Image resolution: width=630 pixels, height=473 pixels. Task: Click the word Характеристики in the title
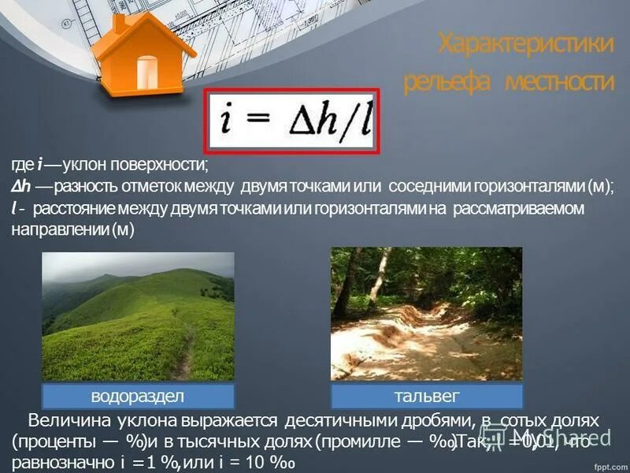click(525, 43)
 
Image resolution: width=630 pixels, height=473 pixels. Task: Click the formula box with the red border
click(292, 120)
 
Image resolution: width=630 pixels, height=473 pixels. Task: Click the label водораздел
click(137, 395)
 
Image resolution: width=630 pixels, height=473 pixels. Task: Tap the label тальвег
click(426, 395)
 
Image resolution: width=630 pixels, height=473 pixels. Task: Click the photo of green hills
click(137, 315)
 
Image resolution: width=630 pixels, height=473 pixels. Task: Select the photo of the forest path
click(426, 314)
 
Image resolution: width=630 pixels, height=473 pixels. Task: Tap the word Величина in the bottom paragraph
click(67, 422)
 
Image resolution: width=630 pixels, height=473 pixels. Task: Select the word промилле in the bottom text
click(369, 442)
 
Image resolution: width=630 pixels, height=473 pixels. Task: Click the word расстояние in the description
click(75, 208)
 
